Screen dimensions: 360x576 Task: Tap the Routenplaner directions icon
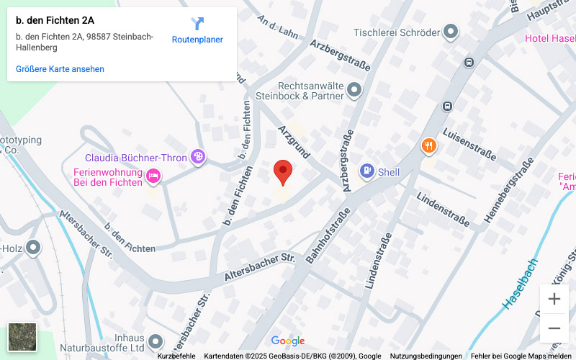[x=197, y=24]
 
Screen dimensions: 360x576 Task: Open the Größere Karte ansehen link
[x=60, y=69]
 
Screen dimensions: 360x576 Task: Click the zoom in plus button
[x=554, y=299]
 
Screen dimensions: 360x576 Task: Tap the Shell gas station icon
[x=366, y=171]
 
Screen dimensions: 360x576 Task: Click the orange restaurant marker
[x=429, y=146]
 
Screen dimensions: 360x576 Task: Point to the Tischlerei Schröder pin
[x=451, y=32]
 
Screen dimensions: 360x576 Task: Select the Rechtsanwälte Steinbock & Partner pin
[x=354, y=90]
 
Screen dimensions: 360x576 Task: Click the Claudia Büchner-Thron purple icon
[x=198, y=157]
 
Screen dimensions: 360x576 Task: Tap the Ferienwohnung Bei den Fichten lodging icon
[x=153, y=175]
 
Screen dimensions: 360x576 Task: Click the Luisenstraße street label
[x=469, y=144]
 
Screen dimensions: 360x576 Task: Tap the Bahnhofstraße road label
[x=328, y=234]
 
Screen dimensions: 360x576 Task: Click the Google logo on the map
[x=288, y=341]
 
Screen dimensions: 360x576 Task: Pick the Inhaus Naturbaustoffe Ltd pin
[x=158, y=338]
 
